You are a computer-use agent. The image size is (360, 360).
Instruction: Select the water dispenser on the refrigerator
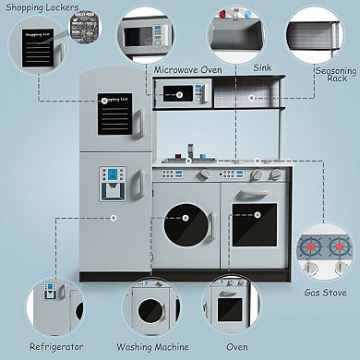click(112, 185)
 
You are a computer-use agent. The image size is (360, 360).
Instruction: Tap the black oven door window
click(255, 225)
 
